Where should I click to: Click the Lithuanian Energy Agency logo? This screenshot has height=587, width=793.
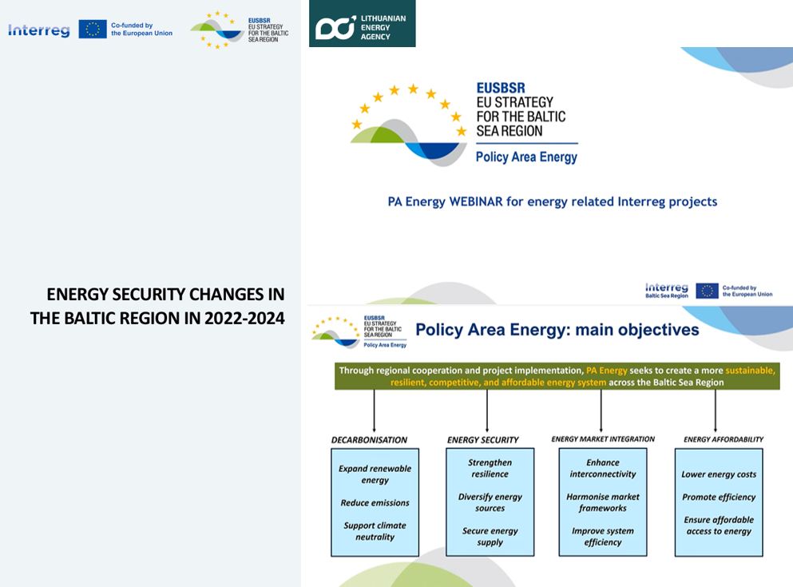362,24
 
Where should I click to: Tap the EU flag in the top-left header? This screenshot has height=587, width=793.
93,30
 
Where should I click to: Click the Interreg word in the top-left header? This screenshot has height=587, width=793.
39,30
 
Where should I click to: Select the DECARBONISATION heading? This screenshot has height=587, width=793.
369,440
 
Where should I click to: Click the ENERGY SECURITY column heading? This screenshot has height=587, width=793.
483,440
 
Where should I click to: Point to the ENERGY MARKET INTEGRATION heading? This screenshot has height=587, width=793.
603,439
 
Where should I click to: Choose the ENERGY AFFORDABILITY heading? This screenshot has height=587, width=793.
724,439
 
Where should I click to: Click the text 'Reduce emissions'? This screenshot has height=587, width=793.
375,502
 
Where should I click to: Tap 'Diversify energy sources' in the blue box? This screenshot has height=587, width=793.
490,502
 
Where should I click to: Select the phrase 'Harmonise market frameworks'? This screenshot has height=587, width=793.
603,502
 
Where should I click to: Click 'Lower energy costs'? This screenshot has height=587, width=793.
719,474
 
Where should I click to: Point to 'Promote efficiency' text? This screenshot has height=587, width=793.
719,497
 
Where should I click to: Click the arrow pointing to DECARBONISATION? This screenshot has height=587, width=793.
375,411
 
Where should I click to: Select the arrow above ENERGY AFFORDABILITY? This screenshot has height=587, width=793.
715,411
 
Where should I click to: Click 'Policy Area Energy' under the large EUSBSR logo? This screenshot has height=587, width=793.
526,157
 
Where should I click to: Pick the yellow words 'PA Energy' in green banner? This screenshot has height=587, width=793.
606,371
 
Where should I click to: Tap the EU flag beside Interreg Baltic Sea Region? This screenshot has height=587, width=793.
707,291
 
